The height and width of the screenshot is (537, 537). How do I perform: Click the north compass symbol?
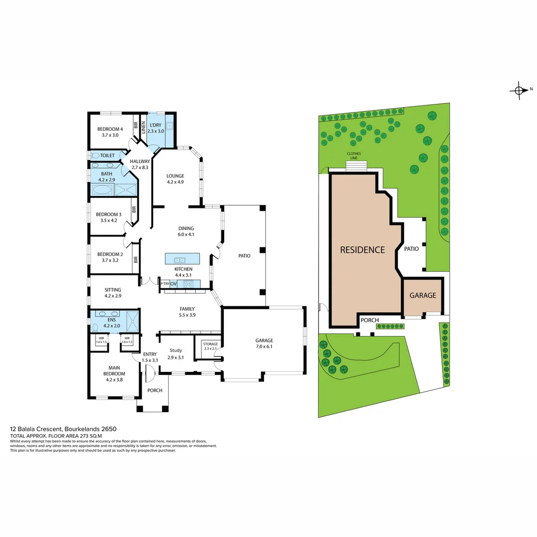[x=519, y=90]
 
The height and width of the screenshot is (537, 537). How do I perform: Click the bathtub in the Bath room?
[x=102, y=189]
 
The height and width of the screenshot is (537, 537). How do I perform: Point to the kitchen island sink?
[x=179, y=259]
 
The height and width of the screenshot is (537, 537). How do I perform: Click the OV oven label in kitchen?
[x=174, y=284]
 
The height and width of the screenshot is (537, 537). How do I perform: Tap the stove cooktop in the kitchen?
[x=188, y=284]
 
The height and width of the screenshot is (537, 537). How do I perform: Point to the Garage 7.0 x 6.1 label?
[x=264, y=344]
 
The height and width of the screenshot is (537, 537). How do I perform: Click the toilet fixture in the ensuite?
[x=95, y=328]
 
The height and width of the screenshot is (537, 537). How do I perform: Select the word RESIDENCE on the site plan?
[x=362, y=250]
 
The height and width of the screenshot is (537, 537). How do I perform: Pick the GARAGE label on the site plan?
[x=423, y=295]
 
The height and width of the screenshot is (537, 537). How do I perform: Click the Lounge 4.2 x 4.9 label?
[x=175, y=179]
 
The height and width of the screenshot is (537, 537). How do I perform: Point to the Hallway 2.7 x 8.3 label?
[x=140, y=164]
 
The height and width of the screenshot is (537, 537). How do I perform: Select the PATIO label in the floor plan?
[x=244, y=256]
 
